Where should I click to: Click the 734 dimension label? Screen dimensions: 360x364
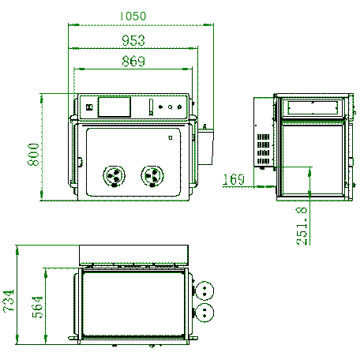9,301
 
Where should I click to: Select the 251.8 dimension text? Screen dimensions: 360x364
302,227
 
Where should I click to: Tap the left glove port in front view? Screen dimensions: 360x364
115,175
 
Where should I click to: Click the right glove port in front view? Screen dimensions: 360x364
152,174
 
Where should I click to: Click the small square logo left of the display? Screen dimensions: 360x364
89,107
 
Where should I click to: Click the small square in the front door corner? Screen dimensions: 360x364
171,137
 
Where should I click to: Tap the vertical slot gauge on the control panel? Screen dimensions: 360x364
149,106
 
